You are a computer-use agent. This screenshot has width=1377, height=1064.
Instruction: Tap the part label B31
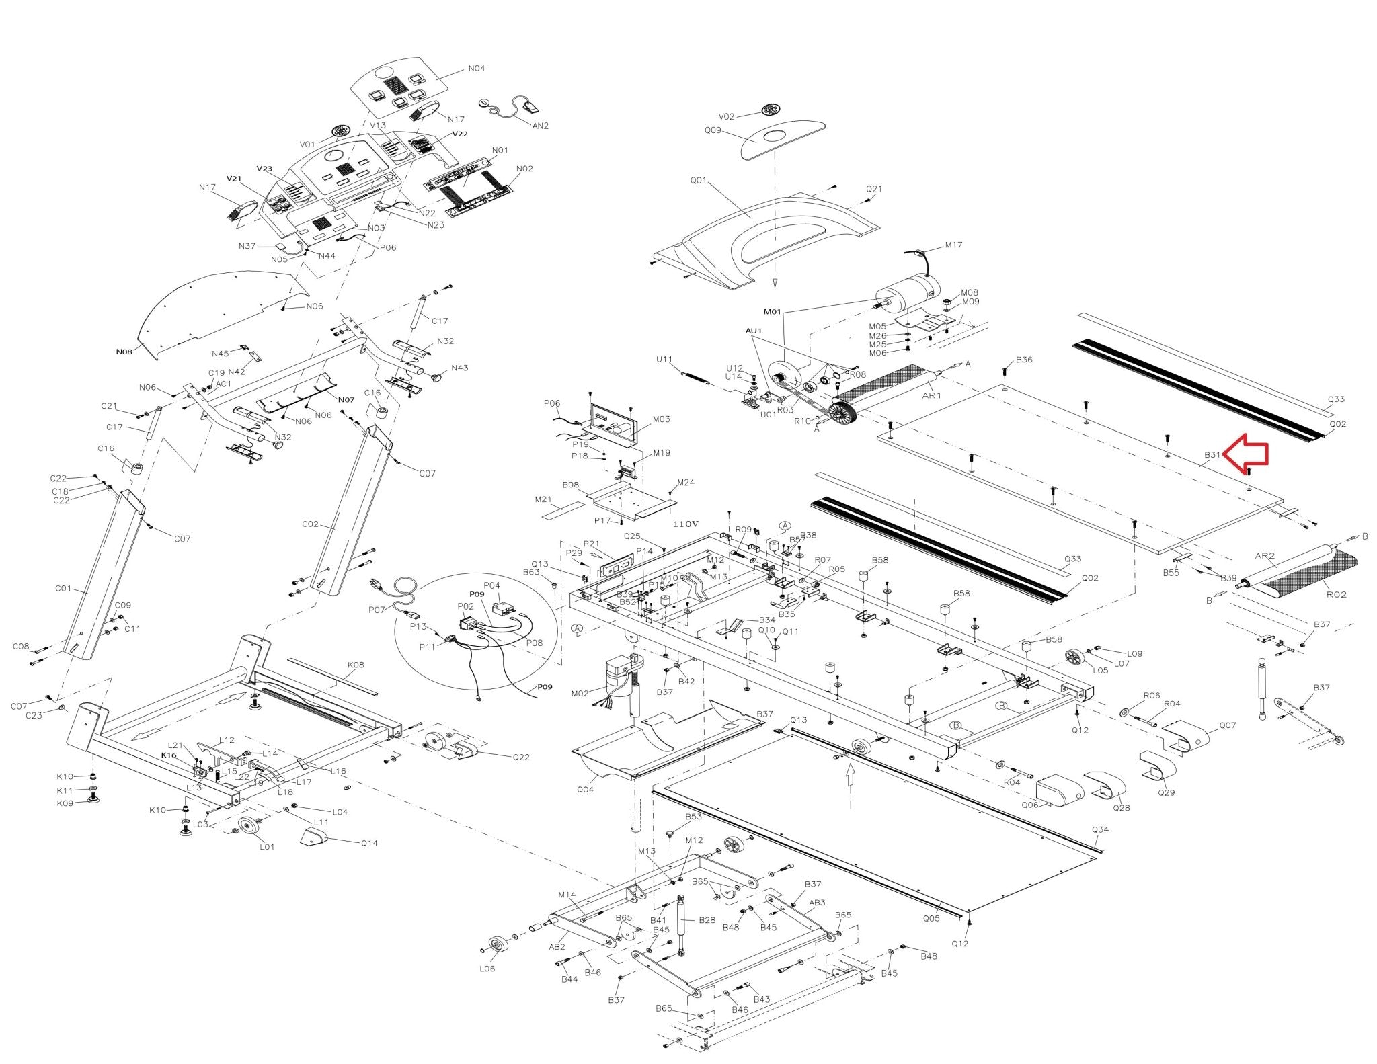1212,455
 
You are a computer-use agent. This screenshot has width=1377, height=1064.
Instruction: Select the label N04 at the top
476,69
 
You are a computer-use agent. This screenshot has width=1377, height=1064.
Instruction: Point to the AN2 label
540,126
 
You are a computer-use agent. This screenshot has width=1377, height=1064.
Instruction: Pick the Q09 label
713,130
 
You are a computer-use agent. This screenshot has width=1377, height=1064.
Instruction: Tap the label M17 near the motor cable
953,245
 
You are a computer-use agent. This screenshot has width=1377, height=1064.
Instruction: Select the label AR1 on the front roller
931,395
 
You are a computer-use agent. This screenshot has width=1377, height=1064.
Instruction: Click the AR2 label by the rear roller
1265,556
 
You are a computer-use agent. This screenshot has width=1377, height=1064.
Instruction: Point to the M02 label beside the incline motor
580,693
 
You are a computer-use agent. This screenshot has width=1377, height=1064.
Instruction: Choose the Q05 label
931,918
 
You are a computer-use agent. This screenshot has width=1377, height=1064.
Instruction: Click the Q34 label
1100,829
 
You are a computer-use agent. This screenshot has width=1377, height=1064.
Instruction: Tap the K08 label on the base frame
356,665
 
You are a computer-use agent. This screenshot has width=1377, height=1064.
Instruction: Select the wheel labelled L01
248,828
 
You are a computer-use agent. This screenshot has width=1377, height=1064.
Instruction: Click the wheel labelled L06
498,946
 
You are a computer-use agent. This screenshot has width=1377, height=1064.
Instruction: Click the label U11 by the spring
664,360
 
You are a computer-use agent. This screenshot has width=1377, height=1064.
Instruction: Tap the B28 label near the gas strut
707,919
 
